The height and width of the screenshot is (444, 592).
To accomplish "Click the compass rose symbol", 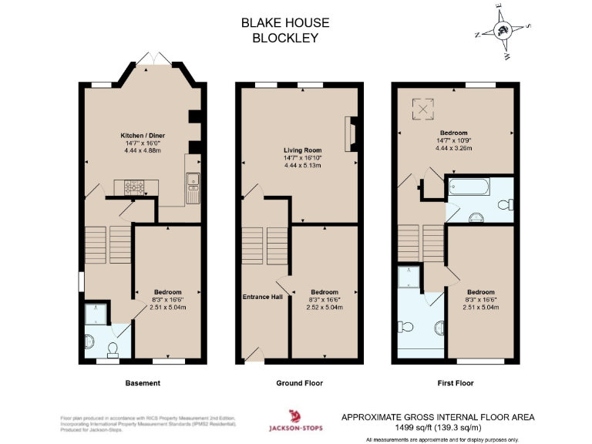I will (x=503, y=31).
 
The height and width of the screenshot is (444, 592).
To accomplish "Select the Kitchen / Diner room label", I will (x=137, y=135).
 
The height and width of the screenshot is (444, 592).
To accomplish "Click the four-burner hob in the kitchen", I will (x=135, y=186).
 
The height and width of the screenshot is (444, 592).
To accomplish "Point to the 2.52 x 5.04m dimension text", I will (x=325, y=307).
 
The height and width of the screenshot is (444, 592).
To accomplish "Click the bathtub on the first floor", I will (x=468, y=187).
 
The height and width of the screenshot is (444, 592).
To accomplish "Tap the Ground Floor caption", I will (x=299, y=383).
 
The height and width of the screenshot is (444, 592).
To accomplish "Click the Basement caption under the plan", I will (x=143, y=383).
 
